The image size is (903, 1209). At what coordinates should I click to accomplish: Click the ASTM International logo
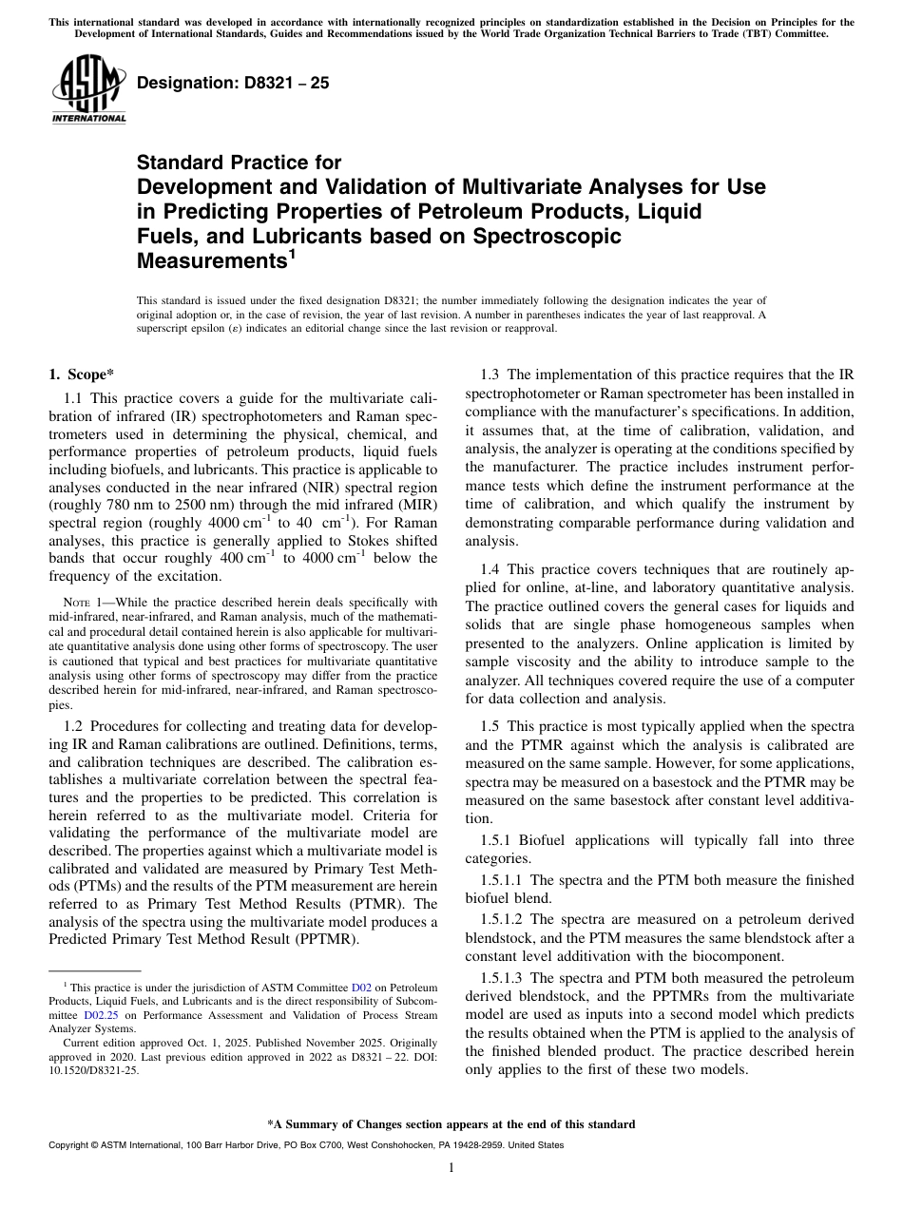(88, 88)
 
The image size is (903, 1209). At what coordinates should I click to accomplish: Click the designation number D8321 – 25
(233, 83)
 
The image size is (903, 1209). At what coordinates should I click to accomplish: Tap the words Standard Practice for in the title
(239, 163)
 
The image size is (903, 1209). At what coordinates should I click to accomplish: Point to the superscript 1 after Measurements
(293, 253)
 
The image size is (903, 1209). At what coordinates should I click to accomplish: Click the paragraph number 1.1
(75, 401)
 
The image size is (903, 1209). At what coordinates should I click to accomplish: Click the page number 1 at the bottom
(451, 1168)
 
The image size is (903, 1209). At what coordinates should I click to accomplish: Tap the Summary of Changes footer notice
(451, 1124)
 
